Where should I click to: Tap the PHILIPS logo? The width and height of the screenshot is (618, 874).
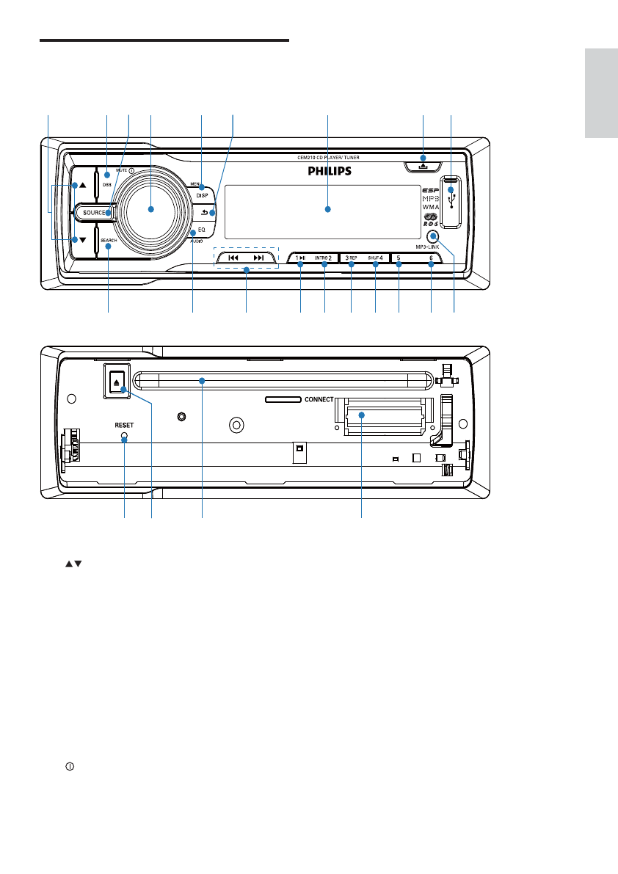328,172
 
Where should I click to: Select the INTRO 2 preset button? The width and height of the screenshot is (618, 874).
324,258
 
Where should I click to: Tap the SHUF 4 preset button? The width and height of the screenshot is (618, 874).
375,258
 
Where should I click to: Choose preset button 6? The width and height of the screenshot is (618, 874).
431,258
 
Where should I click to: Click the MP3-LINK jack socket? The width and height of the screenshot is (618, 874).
433,236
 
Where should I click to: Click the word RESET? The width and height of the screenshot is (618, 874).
123,424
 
